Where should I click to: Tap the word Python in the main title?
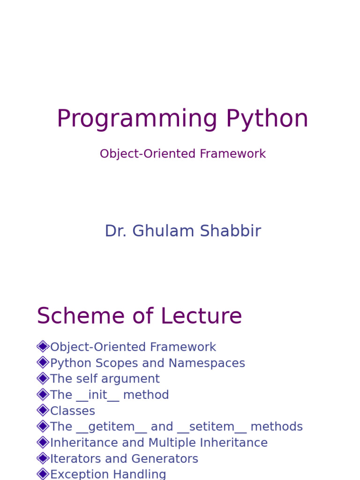coord(267,119)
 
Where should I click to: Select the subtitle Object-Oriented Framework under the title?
coord(183,154)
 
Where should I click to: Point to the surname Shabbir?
coord(231,231)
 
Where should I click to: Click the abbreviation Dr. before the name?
coord(116,231)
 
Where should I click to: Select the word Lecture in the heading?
coord(201,315)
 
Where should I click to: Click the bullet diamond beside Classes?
coord(43,410)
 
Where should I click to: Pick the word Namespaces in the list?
coord(207,363)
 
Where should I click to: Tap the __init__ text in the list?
coord(97,395)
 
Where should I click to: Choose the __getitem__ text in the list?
coord(112,427)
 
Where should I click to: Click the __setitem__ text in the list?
coord(212,427)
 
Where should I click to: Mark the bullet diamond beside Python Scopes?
coord(43,362)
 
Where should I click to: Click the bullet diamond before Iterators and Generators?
coord(43,458)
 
